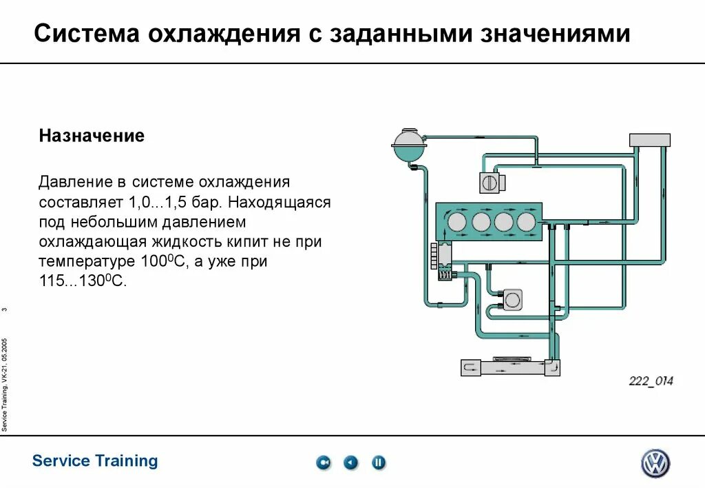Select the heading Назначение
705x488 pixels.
point(92,136)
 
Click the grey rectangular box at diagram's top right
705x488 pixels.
point(649,140)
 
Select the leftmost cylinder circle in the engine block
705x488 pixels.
point(456,221)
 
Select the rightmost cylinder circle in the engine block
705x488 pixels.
point(525,221)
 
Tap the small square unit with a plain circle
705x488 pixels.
point(512,299)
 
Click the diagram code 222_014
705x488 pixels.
point(650,381)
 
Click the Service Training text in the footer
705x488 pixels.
point(95,460)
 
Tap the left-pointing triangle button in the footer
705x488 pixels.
point(351,462)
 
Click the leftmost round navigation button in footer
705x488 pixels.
point(324,462)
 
